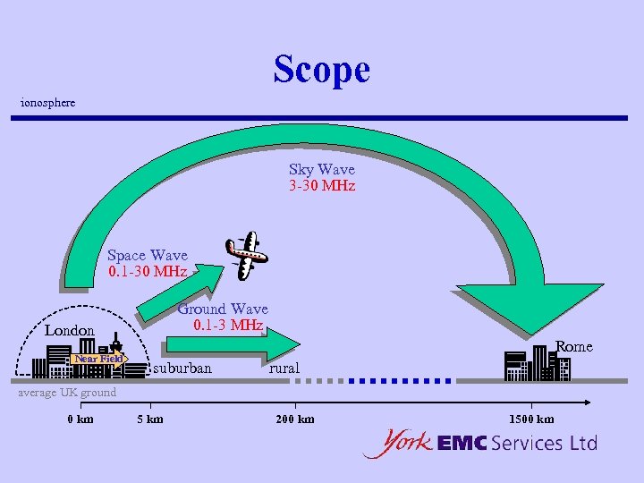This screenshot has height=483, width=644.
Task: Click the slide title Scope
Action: (321, 69)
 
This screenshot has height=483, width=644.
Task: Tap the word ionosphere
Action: (48, 103)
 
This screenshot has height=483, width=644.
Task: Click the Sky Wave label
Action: (321, 169)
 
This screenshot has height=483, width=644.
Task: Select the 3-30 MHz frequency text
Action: (321, 186)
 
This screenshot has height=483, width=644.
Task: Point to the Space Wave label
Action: (148, 256)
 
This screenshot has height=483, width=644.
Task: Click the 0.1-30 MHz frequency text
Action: (148, 272)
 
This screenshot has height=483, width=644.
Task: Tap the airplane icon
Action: (246, 254)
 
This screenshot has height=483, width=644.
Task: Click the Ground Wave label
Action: (223, 309)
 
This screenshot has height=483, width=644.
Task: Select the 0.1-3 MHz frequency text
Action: (228, 325)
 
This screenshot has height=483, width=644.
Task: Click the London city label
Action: (70, 331)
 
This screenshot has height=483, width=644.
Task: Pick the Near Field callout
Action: (98, 360)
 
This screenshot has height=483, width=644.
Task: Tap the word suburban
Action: (182, 369)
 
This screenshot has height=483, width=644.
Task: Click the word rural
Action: (284, 369)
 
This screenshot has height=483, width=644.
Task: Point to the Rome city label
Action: (574, 346)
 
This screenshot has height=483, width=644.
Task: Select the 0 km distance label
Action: (80, 419)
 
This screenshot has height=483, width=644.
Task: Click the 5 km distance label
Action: (149, 419)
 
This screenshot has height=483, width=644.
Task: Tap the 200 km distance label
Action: (294, 419)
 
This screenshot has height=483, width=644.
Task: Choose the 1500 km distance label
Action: (531, 419)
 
